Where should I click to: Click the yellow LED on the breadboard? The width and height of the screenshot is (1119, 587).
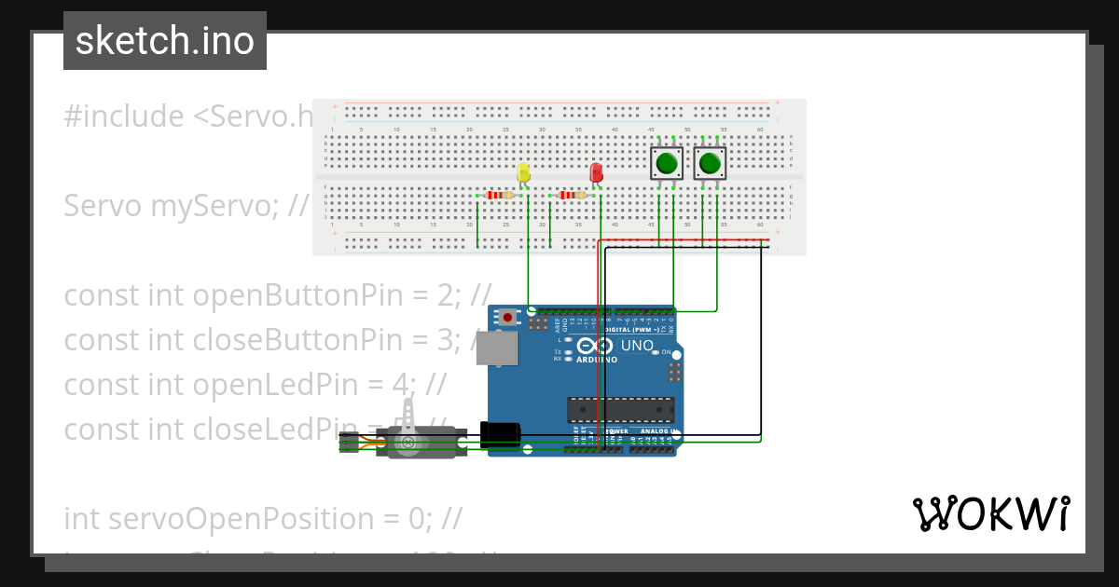[x=523, y=173]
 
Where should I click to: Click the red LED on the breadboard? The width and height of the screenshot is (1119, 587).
[x=596, y=173]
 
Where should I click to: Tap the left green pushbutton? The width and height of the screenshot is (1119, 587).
[x=666, y=164]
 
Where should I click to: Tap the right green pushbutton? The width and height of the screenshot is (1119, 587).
[x=711, y=164]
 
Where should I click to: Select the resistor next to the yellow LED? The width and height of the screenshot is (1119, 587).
[x=502, y=196]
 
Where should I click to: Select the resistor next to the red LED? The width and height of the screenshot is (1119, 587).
[x=573, y=196]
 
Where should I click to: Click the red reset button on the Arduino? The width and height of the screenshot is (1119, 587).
[x=506, y=318]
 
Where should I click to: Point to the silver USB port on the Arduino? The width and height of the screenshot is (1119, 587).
[x=500, y=348]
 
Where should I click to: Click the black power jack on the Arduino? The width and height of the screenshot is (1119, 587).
[x=500, y=435]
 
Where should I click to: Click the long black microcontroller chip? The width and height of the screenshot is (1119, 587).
[x=621, y=409]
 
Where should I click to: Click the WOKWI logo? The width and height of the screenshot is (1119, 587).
[x=990, y=513]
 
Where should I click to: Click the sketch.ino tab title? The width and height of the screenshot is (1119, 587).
[x=165, y=41]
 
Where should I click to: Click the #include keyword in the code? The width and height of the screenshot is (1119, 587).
[x=124, y=116]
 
